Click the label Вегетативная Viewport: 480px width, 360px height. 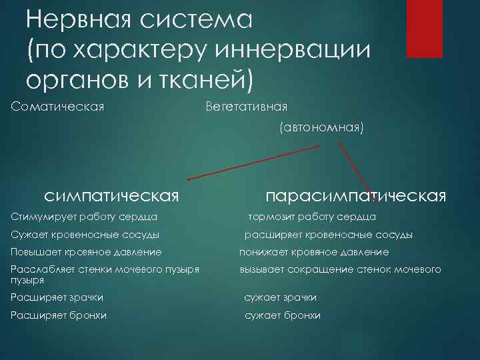click(x=246, y=106)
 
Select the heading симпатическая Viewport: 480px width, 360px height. click(x=111, y=195)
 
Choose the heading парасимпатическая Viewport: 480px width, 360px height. click(x=355, y=195)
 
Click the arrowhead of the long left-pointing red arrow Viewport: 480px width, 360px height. click(x=190, y=179)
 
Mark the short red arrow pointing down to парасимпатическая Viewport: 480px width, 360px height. click(x=357, y=170)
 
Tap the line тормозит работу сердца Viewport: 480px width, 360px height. click(x=312, y=217)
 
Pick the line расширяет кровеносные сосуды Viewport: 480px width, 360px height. click(x=328, y=235)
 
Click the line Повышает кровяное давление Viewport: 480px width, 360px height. click(x=87, y=253)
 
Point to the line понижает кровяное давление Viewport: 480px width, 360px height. click(x=314, y=253)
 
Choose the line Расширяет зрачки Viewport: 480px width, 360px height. click(x=57, y=297)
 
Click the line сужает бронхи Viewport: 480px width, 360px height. click(x=282, y=315)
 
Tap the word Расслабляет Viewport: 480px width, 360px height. click(x=41, y=269)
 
